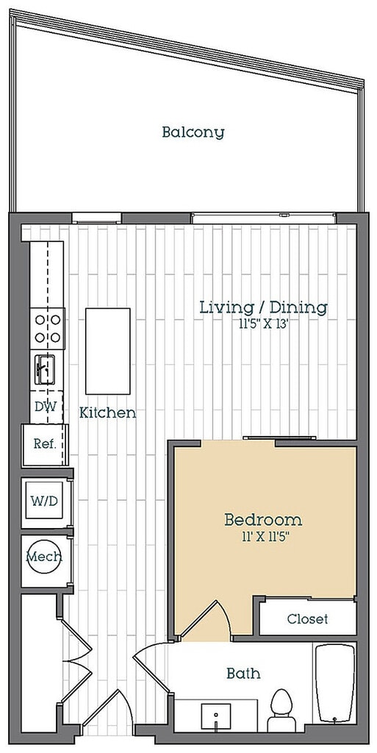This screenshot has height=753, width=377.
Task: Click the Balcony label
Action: click(193, 132)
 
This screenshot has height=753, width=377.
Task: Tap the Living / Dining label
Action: click(263, 307)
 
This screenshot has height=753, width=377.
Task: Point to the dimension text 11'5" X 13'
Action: click(263, 324)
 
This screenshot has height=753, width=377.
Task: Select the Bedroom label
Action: click(263, 520)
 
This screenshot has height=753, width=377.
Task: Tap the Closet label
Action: click(307, 619)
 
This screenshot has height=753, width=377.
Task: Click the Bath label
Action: click(244, 674)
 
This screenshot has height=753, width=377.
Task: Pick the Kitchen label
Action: click(107, 413)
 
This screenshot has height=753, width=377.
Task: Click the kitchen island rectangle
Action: click(108, 351)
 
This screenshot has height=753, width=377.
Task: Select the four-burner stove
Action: click(48, 329)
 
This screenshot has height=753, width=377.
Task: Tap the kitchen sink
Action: click(46, 370)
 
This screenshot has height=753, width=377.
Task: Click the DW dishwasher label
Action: click(46, 407)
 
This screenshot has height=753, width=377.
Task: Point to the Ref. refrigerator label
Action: click(45, 444)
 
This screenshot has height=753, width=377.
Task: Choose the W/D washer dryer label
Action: click(45, 502)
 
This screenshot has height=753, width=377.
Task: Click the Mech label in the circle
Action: click(43, 557)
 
